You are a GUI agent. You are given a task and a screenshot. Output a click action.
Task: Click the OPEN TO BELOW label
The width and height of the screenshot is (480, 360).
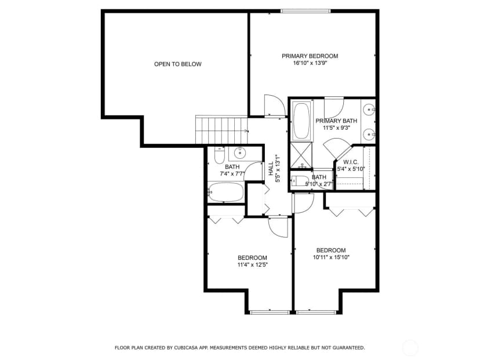(x=177, y=64)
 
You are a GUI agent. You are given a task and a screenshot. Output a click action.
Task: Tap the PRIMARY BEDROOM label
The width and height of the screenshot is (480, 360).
(x=310, y=56)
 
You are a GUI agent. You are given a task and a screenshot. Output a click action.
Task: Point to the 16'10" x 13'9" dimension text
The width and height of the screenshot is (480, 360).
(x=311, y=63)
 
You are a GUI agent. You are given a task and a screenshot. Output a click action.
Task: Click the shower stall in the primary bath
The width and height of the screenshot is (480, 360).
(x=301, y=155)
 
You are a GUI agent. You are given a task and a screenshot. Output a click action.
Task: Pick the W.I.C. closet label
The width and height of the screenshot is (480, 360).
(x=351, y=162)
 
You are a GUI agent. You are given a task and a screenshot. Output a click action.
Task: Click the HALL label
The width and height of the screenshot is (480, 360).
(x=271, y=169)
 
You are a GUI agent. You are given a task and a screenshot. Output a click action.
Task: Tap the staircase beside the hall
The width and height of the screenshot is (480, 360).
(x=221, y=129)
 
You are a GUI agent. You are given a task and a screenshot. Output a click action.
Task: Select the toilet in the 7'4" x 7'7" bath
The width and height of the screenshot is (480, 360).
(x=219, y=155)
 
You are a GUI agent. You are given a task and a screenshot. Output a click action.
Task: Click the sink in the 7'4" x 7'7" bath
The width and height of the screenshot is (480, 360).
(x=241, y=152)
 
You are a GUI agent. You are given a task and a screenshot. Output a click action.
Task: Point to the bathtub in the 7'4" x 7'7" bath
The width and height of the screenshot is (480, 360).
(x=226, y=192)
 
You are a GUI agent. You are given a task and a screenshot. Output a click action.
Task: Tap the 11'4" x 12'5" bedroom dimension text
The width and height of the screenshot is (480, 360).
(x=253, y=265)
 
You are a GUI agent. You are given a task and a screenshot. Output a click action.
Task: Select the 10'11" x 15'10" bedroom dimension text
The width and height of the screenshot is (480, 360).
(x=331, y=257)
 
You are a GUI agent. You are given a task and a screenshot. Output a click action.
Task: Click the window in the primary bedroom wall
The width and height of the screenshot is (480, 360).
(x=306, y=11)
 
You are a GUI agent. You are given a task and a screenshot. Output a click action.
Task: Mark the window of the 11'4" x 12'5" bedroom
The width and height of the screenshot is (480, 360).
(x=270, y=312)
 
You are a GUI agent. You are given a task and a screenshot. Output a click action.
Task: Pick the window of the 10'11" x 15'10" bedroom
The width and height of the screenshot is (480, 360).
(x=316, y=312)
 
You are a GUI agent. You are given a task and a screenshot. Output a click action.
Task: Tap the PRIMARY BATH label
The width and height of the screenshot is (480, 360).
(x=336, y=121)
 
